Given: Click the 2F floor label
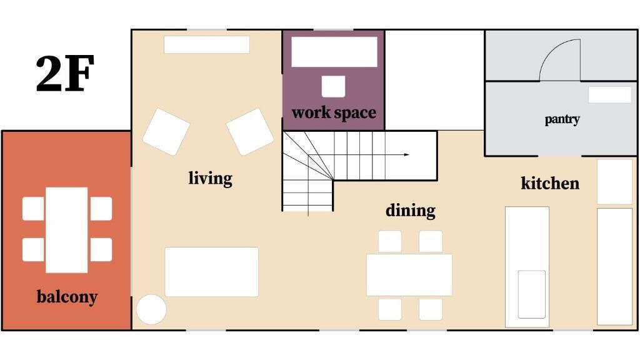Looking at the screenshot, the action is (x=65, y=74).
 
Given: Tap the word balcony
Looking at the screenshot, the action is (x=67, y=297).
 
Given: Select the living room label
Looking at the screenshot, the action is (x=210, y=178).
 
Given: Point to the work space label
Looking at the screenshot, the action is (x=334, y=112).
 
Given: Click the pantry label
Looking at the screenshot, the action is (x=562, y=119).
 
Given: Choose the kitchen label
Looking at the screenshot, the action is (x=550, y=183).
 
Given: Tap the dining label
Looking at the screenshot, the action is (x=410, y=211).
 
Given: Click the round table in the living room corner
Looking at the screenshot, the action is (x=151, y=309).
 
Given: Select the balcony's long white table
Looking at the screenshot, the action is (x=66, y=230).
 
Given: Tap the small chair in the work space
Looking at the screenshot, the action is (x=334, y=86).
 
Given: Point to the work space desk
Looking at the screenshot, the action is (x=334, y=52).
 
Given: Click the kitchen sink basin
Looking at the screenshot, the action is (x=532, y=294).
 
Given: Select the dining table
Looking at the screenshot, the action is (x=409, y=275).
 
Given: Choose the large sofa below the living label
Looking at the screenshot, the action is (x=211, y=271).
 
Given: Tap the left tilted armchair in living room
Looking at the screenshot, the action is (x=166, y=131).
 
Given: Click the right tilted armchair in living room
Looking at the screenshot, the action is (x=250, y=131).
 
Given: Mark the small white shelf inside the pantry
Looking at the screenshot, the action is (x=610, y=95).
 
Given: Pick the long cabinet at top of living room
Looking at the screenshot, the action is (x=206, y=44).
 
